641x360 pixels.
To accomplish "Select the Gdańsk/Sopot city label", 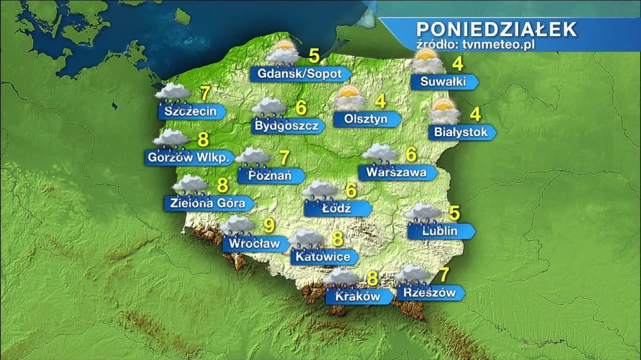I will point(300,74).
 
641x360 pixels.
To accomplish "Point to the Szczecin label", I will point(191,111).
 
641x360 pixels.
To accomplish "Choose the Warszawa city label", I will point(396,172).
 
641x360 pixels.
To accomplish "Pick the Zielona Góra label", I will point(206,202).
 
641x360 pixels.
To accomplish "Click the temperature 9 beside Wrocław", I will point(269,226).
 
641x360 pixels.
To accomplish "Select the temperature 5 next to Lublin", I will point(454,214).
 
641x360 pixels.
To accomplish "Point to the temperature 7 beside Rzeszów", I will point(444,275).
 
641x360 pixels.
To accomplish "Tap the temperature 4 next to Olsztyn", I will point(381,102).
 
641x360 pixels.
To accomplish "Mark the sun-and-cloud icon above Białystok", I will point(445,111).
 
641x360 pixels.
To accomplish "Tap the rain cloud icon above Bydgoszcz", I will point(269,107).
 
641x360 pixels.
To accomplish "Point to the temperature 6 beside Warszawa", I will point(411,153).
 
